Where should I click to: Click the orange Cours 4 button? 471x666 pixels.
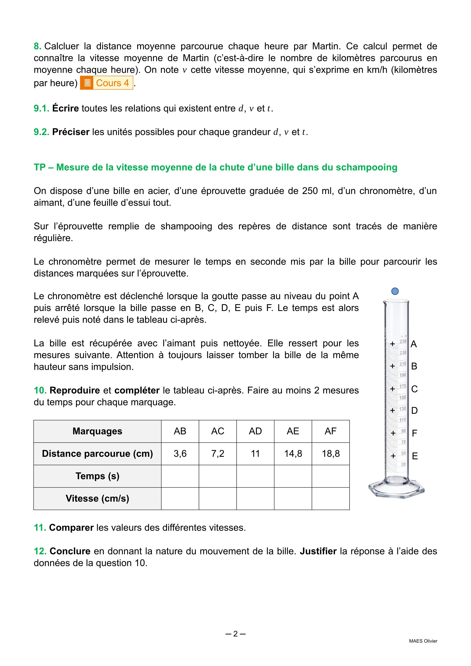click(107, 83)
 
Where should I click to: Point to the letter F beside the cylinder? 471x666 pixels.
click(414, 433)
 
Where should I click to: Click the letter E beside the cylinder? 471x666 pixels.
click(415, 456)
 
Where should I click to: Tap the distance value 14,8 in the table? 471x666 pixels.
click(293, 454)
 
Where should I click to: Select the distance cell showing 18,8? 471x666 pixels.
click(331, 454)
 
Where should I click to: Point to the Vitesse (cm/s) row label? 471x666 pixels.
click(97, 498)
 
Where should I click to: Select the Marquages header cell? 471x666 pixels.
click(97, 431)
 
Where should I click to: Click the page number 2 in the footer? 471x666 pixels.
click(235, 634)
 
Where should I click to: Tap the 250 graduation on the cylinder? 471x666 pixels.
click(403, 341)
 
